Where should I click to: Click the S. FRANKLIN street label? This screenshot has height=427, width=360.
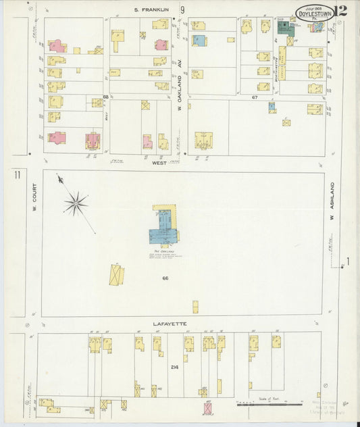pyautogui.click(x=151, y=9)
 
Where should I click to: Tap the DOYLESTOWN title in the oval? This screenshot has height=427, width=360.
pyautogui.click(x=315, y=13)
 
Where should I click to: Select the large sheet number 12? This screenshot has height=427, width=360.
pyautogui.click(x=340, y=10)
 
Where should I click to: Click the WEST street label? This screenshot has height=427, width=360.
pyautogui.click(x=159, y=163)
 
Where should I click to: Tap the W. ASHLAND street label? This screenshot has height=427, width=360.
pyautogui.click(x=332, y=201)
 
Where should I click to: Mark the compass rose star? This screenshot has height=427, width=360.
pyautogui.click(x=76, y=202)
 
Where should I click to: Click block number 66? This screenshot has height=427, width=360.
pyautogui.click(x=165, y=278)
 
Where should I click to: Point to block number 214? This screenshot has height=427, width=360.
pyautogui.click(x=175, y=367)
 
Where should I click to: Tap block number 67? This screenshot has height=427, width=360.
pyautogui.click(x=255, y=98)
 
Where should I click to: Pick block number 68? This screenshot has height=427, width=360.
pyautogui.click(x=105, y=97)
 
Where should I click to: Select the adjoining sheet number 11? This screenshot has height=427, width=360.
pyautogui.click(x=16, y=175)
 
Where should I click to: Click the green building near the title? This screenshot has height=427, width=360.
pyautogui.click(x=286, y=28)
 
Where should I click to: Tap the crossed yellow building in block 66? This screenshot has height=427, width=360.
pyautogui.click(x=116, y=275)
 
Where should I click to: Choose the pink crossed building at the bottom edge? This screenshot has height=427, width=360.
pyautogui.click(x=208, y=408)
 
